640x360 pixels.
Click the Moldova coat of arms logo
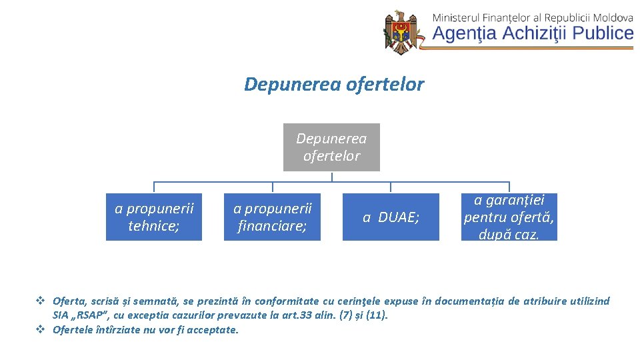pos(401,32)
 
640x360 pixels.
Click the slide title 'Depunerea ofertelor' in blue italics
pos(333,85)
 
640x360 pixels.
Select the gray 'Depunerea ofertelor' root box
pos(331,147)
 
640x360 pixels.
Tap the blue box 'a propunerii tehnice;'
pos(154,217)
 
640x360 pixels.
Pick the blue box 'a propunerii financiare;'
pos(272,217)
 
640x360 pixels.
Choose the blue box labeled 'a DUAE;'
pos(391,217)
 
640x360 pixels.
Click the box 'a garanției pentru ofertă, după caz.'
pos(509,217)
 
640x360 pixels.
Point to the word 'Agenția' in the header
pos(465,33)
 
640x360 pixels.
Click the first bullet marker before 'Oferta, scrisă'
pos(40,301)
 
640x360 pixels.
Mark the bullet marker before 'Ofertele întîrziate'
pos(40,329)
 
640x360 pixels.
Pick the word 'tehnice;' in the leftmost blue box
pos(154,225)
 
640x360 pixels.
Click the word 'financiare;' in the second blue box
pos(272,225)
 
